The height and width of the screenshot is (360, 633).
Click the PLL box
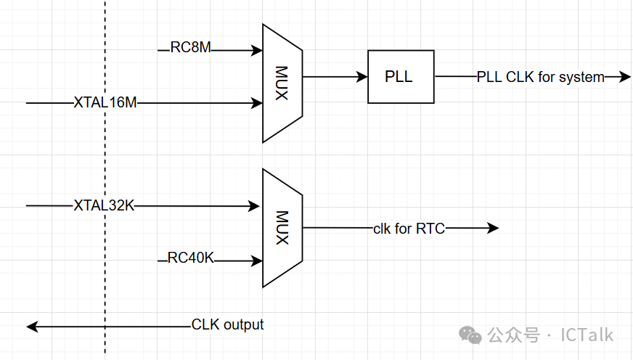pos(401,76)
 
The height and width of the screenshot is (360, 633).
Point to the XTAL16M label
pos(105,103)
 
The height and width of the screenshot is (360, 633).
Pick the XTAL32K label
pos(104,205)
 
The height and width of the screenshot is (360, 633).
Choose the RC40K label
pos(191,258)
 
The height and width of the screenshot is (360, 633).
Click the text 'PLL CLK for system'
pos(540,77)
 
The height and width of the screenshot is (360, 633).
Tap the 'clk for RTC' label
pos(409,229)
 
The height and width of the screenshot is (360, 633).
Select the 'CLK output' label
pos(227,324)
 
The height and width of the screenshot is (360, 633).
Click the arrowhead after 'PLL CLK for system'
pos(625,77)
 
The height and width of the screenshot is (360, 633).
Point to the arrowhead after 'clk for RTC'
pos(493,228)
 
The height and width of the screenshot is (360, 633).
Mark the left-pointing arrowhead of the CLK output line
pos(32,327)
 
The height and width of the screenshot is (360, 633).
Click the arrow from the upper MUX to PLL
pos(335,76)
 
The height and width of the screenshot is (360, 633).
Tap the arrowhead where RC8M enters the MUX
pos(257,51)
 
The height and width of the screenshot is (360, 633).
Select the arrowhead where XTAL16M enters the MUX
pos(257,104)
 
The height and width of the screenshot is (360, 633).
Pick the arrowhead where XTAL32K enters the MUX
pos(255,206)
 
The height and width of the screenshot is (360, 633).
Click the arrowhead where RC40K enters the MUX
pos(257,260)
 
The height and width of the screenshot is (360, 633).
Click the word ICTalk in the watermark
pos(586,335)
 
